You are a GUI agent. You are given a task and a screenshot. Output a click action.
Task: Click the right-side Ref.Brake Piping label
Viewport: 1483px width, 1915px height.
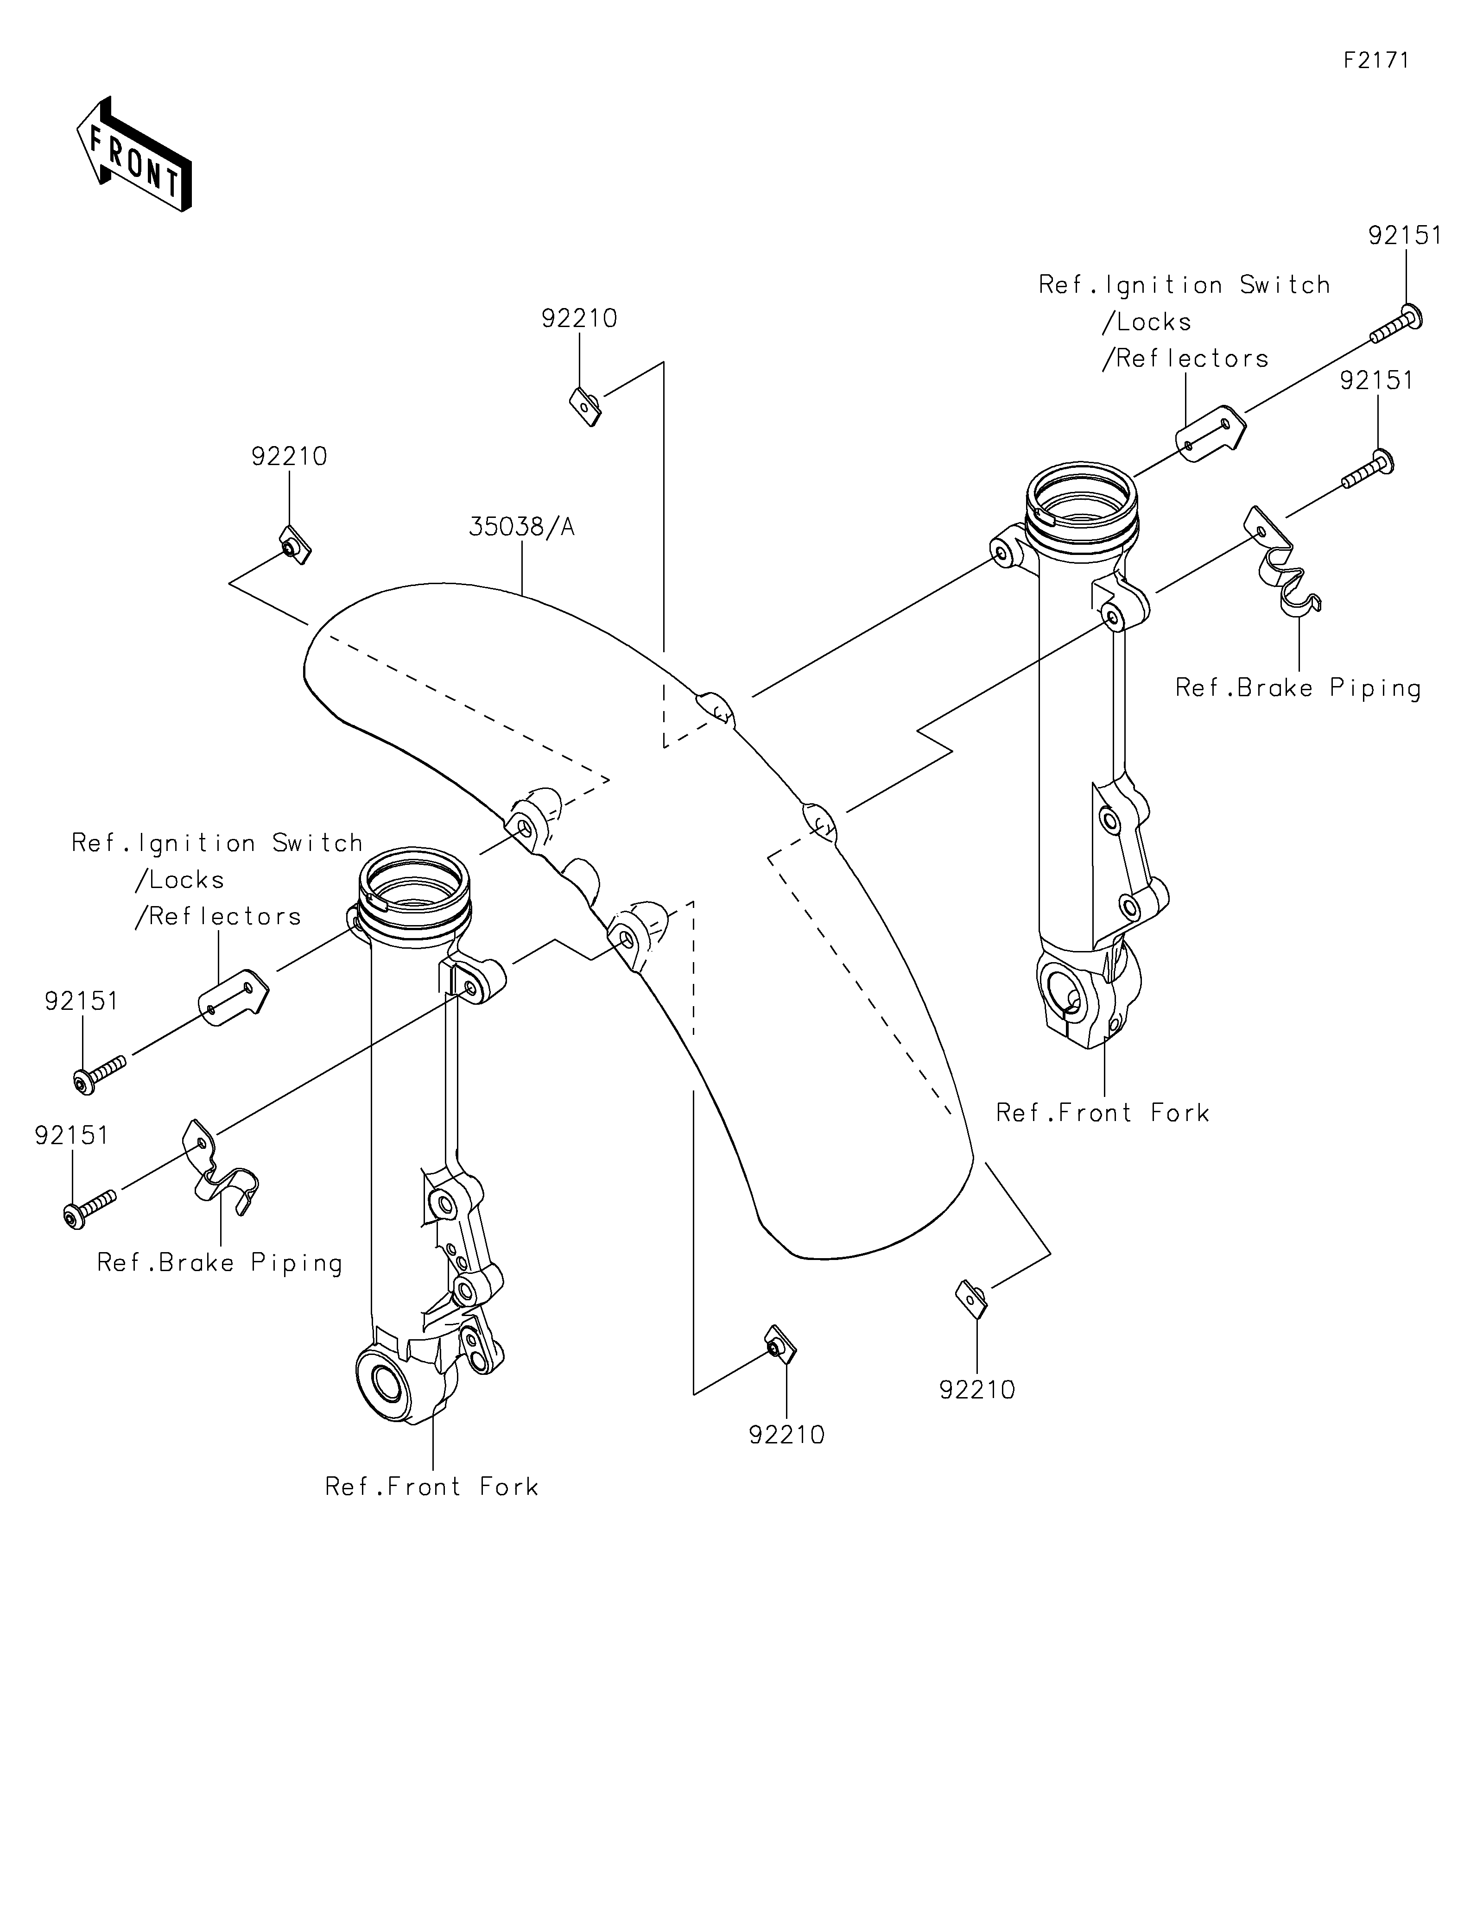point(1298,688)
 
